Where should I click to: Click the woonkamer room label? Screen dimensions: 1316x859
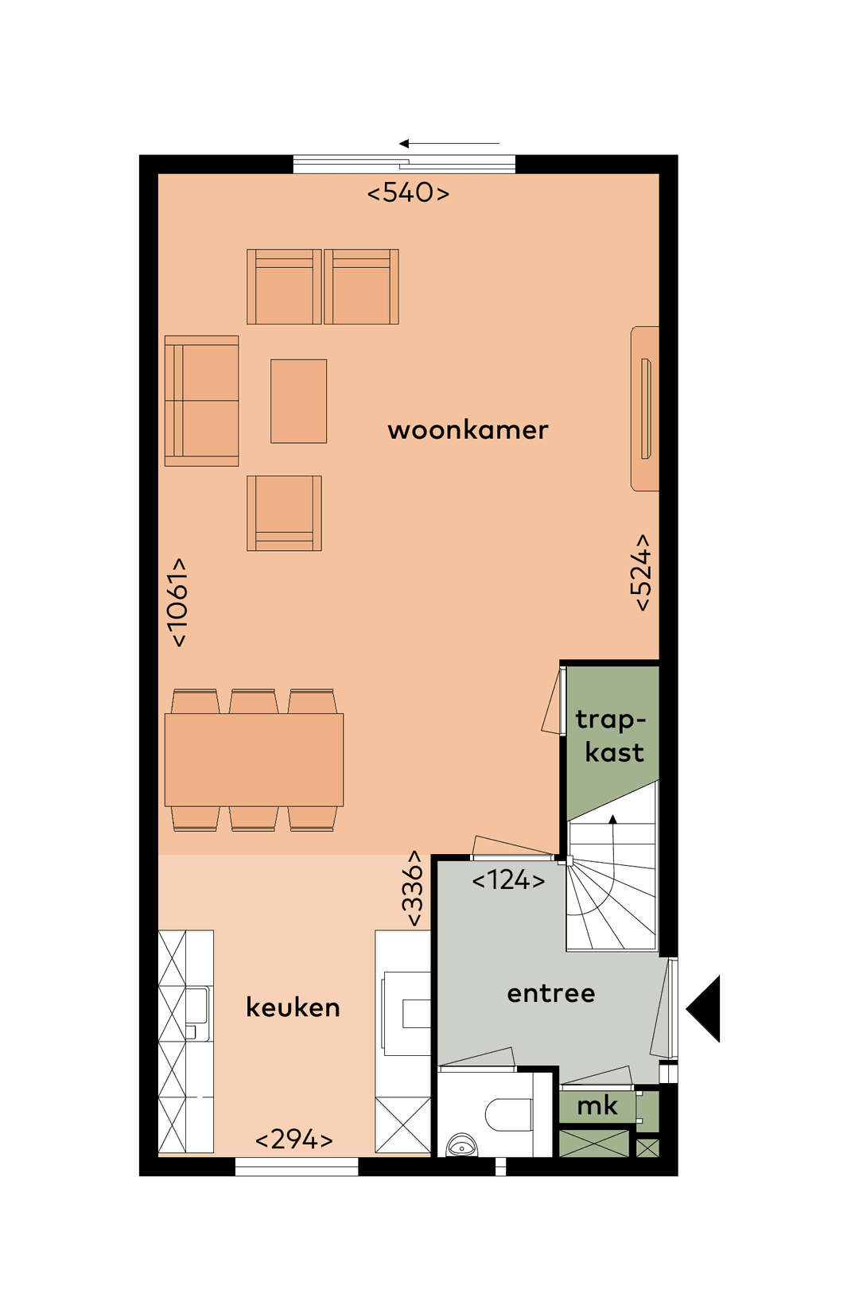(x=468, y=430)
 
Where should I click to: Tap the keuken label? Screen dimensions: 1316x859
(x=293, y=1007)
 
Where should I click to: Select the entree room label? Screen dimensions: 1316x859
(x=550, y=993)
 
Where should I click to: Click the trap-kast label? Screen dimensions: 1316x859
(x=611, y=736)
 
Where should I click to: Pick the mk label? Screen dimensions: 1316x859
(x=597, y=1105)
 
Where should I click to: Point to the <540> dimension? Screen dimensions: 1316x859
(x=408, y=192)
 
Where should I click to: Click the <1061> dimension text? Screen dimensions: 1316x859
(x=178, y=602)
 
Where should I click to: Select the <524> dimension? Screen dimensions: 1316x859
(x=641, y=573)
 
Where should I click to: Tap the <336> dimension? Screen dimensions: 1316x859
(x=413, y=888)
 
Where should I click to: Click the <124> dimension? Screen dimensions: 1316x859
(x=508, y=880)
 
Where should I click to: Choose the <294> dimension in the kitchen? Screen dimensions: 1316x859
(x=293, y=1139)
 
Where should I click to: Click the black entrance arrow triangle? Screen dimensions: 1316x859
(x=706, y=1008)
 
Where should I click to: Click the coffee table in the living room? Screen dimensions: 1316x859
(x=298, y=401)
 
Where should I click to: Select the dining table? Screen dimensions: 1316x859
(x=254, y=759)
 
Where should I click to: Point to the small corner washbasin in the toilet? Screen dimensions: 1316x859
(x=461, y=1146)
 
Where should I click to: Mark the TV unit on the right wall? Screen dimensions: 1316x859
(x=645, y=408)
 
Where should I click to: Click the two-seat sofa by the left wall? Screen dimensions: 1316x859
(x=202, y=401)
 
